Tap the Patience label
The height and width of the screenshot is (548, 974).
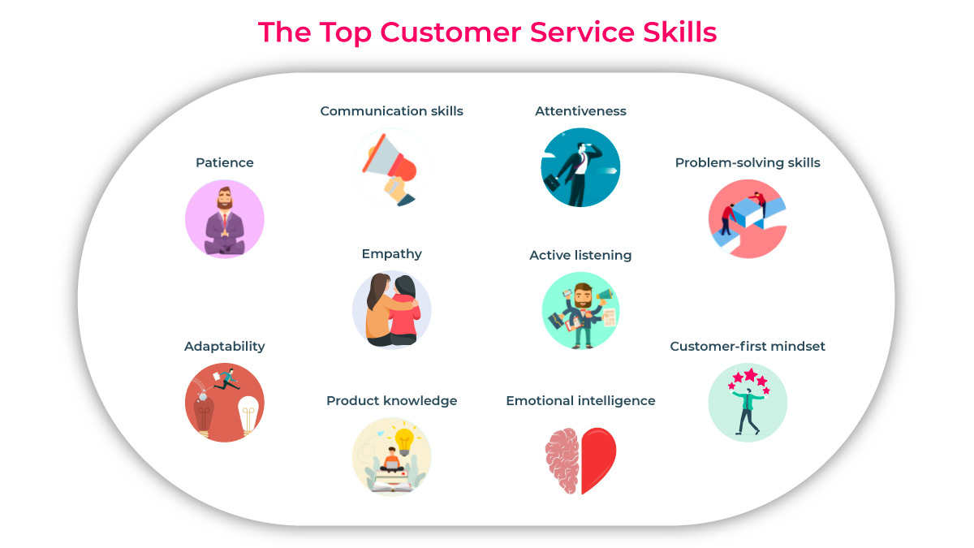(225, 163)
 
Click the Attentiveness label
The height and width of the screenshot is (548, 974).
(580, 111)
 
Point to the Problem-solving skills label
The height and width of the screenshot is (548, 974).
(748, 163)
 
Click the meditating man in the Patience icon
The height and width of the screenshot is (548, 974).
(225, 220)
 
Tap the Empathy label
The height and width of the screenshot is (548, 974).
(392, 254)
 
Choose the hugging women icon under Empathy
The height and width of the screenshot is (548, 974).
(392, 310)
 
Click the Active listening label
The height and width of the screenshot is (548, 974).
(580, 256)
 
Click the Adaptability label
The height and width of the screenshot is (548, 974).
(225, 347)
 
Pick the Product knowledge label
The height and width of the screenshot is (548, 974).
(392, 401)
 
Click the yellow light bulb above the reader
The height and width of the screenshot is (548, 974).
(403, 439)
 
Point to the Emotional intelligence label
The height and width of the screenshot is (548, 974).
(580, 401)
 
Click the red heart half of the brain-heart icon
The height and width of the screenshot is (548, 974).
(599, 459)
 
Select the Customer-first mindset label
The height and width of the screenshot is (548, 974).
(748, 347)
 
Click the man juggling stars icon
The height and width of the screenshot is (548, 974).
(747, 402)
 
